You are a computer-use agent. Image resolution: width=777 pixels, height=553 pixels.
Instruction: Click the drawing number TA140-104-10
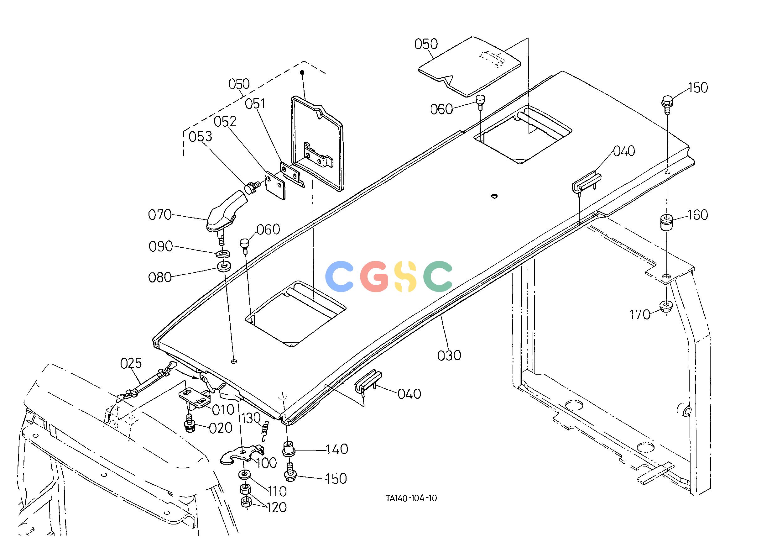coord(411,498)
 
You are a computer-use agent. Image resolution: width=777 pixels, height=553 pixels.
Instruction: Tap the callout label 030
coord(449,355)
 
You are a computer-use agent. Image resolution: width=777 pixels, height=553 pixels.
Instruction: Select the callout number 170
coord(640,315)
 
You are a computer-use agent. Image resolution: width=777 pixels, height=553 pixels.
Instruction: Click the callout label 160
coord(698,215)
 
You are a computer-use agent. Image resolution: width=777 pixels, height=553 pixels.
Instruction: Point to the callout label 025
coord(131,363)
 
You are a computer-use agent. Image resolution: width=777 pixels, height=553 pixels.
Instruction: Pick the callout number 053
coord(201,137)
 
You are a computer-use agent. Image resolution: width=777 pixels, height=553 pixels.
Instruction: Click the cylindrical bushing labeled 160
coord(667,222)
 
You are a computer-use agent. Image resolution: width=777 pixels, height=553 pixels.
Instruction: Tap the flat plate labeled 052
coord(275,185)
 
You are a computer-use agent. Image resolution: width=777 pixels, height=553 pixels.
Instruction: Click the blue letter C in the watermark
coord(339,276)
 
